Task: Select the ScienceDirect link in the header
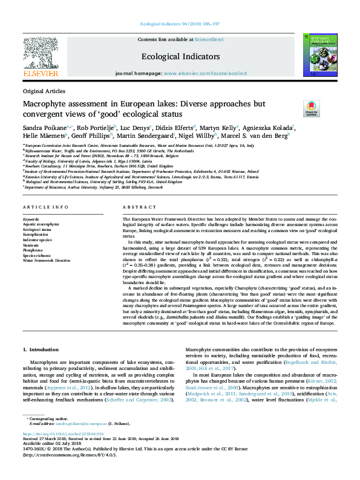tap(211, 39)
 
